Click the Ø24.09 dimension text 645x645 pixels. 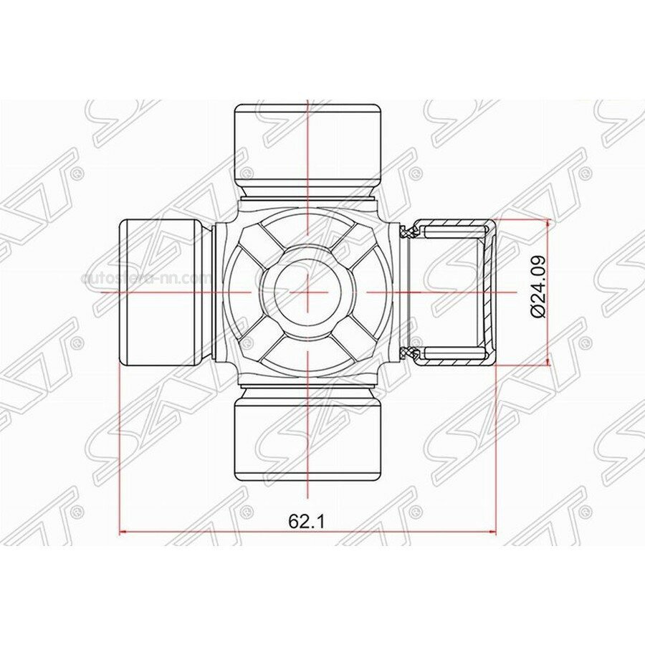tap(539, 287)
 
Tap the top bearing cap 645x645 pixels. tap(307, 143)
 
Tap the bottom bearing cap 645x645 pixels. tap(307, 439)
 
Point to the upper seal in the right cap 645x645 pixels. tap(410, 231)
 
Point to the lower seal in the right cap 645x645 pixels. tap(410, 352)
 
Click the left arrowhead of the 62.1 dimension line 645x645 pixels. tap(123, 532)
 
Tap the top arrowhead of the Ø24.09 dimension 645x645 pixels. tap(549, 225)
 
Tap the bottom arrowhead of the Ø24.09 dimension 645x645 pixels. tap(549, 360)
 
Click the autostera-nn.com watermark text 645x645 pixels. tap(147, 278)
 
